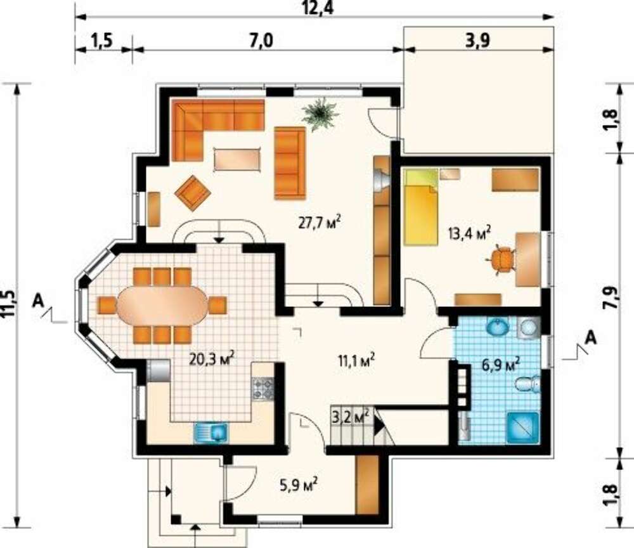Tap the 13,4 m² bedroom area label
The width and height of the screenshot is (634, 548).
click(x=469, y=233)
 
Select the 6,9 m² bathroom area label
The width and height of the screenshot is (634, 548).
click(x=501, y=365)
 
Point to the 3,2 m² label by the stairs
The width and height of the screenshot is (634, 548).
click(x=350, y=416)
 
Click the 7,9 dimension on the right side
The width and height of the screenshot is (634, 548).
click(x=613, y=298)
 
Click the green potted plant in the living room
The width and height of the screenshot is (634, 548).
click(x=320, y=114)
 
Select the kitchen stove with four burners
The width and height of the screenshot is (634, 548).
click(x=263, y=389)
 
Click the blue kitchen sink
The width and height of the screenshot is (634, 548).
click(x=210, y=433)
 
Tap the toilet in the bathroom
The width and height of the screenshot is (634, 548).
click(x=528, y=384)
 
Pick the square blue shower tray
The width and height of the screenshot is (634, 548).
click(x=524, y=427)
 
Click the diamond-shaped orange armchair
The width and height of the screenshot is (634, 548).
click(x=193, y=193)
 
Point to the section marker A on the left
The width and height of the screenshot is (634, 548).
click(x=39, y=300)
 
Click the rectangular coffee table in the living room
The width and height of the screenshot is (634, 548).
click(x=236, y=160)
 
